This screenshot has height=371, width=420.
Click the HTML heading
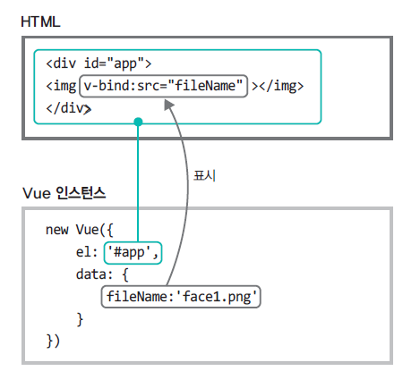click(x=40, y=21)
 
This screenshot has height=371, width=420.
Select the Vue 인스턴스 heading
click(x=64, y=193)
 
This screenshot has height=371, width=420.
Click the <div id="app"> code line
click(x=99, y=63)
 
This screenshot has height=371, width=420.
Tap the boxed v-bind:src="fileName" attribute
click(x=163, y=86)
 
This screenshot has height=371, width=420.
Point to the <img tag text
click(x=61, y=87)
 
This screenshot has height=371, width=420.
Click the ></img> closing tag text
click(x=278, y=87)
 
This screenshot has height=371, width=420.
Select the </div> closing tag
click(x=68, y=108)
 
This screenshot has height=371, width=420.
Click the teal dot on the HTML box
click(x=138, y=122)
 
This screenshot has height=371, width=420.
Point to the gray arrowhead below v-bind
click(x=169, y=105)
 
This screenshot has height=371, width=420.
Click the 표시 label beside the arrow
click(x=204, y=176)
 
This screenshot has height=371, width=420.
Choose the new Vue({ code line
click(x=80, y=230)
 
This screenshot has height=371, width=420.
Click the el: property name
click(x=87, y=252)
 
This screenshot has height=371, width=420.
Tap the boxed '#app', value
click(x=133, y=253)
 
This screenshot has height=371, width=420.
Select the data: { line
click(x=102, y=274)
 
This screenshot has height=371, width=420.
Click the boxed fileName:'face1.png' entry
click(x=181, y=297)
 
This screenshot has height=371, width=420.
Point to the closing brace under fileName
click(x=80, y=319)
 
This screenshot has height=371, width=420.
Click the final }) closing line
click(x=53, y=341)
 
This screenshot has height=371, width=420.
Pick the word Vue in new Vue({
click(x=87, y=230)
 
